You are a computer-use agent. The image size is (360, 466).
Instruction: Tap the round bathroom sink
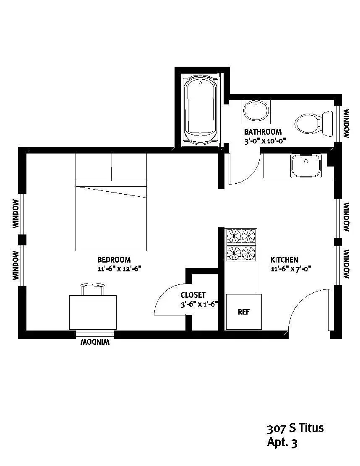pos(256,111)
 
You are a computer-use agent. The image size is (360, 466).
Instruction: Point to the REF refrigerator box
pos(244,312)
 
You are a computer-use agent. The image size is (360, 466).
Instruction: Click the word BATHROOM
pos(263,132)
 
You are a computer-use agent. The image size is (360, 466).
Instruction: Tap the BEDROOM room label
pos(114,260)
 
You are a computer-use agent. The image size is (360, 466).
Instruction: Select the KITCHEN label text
pos(284,260)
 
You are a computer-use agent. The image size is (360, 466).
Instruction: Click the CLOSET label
pos(193,295)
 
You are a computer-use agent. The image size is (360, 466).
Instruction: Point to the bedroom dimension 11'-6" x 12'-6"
pos(119,269)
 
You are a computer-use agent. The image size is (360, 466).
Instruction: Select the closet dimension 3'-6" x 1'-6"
pos(199,305)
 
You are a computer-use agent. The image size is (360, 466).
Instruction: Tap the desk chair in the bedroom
pos(93,289)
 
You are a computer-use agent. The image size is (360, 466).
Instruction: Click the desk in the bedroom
pos(93,312)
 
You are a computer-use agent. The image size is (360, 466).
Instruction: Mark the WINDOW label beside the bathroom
pos(347,124)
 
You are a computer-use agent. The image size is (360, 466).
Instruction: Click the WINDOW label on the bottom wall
pos(95,342)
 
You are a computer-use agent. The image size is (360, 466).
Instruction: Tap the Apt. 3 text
pos(282,442)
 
